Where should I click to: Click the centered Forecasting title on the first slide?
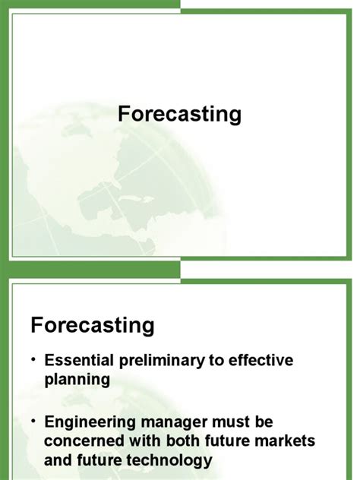tap(180, 114)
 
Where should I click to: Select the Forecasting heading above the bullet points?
tap(93, 325)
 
